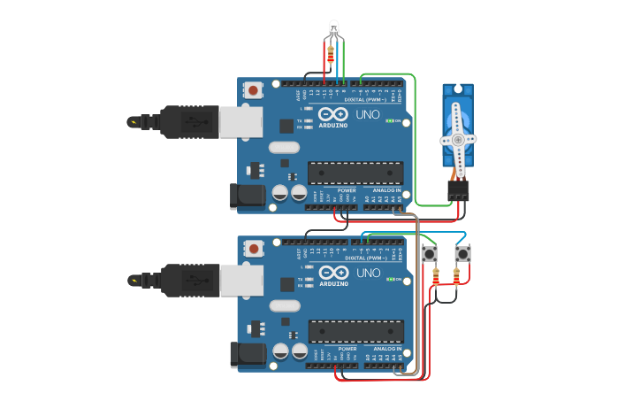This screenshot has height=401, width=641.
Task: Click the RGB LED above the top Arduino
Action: pyautogui.click(x=333, y=28)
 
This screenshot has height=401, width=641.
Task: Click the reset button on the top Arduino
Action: pyautogui.click(x=254, y=90)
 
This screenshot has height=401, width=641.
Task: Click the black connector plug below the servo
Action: pyautogui.click(x=458, y=189)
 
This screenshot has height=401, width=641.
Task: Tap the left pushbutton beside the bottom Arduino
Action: pyautogui.click(x=430, y=254)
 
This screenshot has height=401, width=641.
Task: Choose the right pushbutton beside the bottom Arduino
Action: pyautogui.click(x=462, y=254)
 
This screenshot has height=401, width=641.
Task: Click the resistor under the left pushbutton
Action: pyautogui.click(x=435, y=278)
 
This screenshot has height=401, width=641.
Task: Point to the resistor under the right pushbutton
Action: pyautogui.click(x=456, y=278)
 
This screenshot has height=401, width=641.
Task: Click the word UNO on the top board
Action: pyautogui.click(x=368, y=115)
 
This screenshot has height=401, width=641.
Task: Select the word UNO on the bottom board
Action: pyautogui.click(x=368, y=274)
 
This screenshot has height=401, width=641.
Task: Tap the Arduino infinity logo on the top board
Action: pyautogui.click(x=333, y=115)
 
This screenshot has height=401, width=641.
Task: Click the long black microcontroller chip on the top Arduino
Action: pyautogui.click(x=355, y=174)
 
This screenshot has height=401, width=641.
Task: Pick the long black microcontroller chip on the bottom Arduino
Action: pyautogui.click(x=355, y=332)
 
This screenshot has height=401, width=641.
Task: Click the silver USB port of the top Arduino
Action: pyautogui.click(x=240, y=122)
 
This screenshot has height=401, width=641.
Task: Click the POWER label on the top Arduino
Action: pyautogui.click(x=347, y=190)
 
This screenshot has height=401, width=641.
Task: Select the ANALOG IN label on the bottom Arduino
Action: pyautogui.click(x=386, y=349)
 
